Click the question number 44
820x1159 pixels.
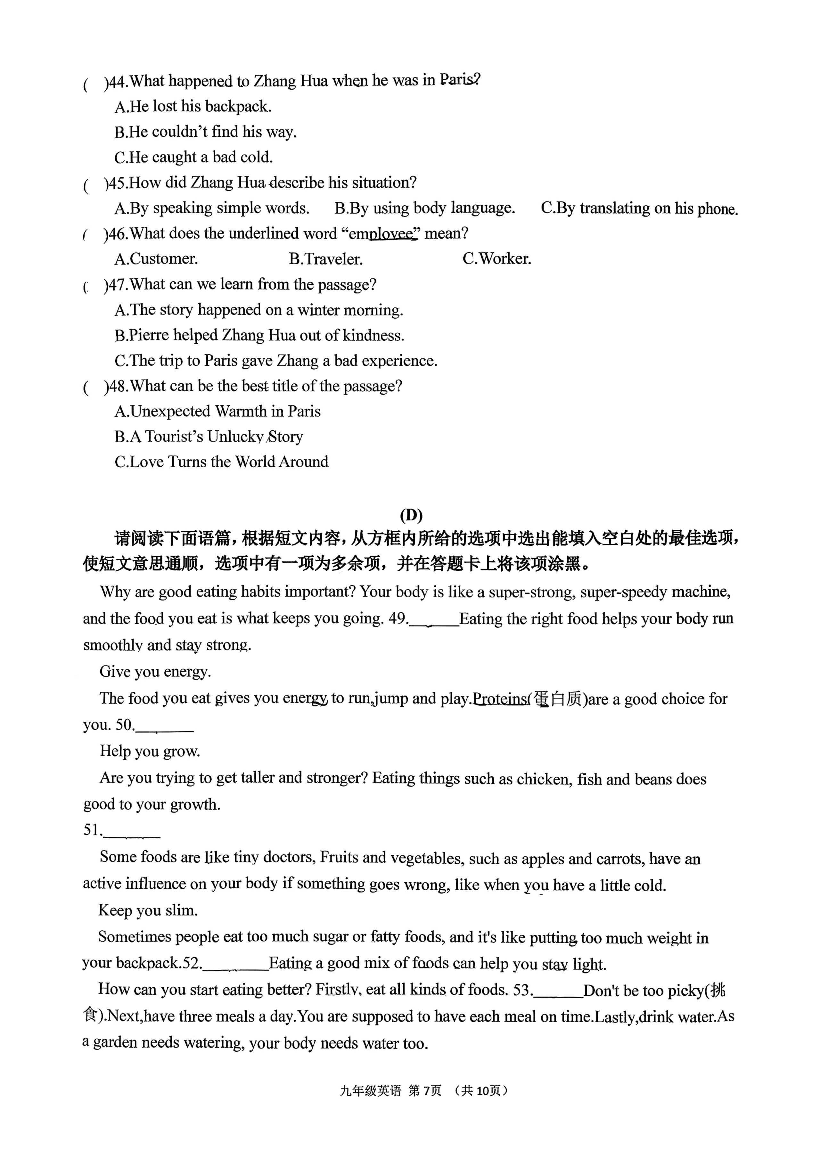coord(117,81)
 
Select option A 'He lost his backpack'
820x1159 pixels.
coord(193,107)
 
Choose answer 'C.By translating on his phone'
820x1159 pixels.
coord(639,208)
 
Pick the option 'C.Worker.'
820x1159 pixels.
coord(497,259)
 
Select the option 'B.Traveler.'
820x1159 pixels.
coord(326,259)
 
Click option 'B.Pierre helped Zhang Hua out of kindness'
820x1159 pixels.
coord(259,335)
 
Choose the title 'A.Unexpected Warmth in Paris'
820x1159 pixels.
coord(217,412)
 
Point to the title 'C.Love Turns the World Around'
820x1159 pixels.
coord(221,462)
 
